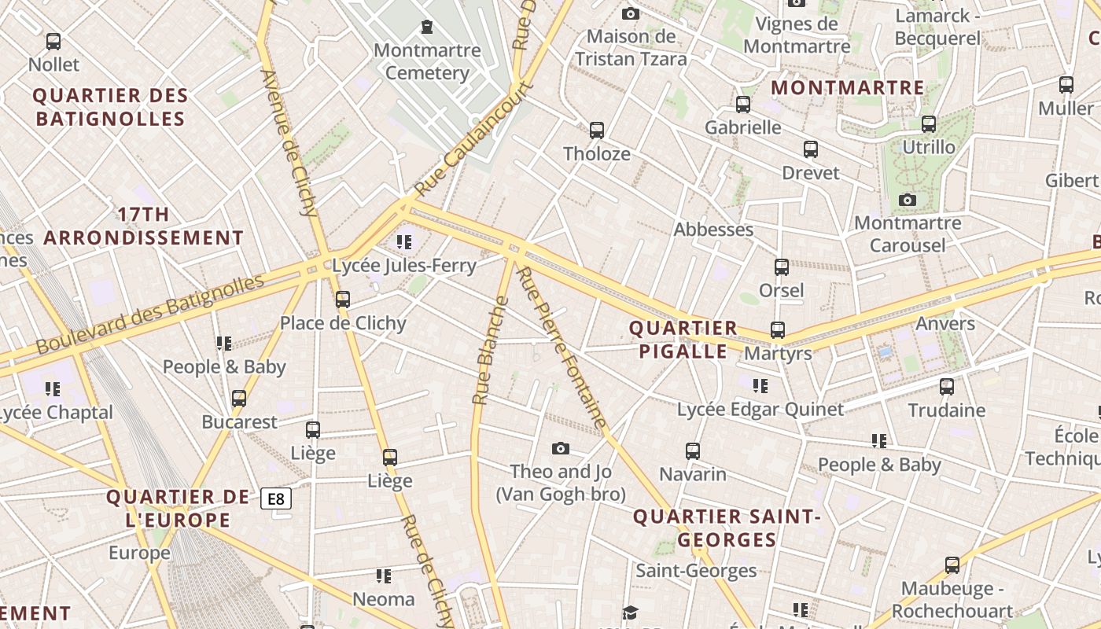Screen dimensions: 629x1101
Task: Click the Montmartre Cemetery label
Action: click(427, 61)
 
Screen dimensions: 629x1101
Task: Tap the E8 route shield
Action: click(276, 498)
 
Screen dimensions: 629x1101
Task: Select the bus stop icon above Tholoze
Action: click(597, 130)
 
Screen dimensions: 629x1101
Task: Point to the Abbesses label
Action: click(713, 230)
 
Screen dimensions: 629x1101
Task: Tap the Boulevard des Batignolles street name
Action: click(149, 314)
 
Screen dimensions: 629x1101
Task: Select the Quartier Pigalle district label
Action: click(683, 340)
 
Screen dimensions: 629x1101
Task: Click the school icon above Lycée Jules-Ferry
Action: click(404, 242)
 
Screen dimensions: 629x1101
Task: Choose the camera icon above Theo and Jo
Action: click(560, 448)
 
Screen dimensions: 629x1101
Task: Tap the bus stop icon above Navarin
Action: click(692, 451)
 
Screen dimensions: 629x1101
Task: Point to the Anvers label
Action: click(945, 323)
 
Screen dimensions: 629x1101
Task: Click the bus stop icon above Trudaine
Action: click(947, 387)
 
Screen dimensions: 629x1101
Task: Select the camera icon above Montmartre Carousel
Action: click(908, 200)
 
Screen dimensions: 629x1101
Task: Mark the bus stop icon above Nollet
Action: click(53, 42)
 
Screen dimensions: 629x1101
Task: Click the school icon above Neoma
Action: click(383, 576)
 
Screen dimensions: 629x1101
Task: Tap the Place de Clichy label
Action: click(343, 323)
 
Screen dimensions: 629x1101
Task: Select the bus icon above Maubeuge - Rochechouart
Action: click(952, 565)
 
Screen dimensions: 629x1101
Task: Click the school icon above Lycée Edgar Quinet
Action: click(760, 385)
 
